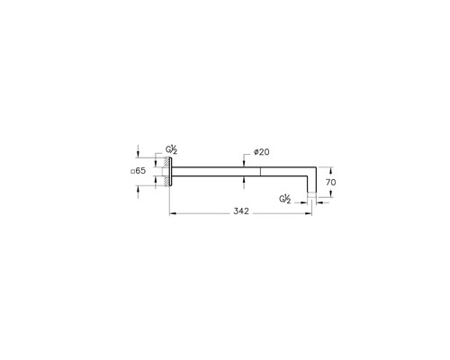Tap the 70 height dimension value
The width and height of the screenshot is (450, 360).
pyautogui.click(x=331, y=182)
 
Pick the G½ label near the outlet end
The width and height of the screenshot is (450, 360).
pyautogui.click(x=285, y=198)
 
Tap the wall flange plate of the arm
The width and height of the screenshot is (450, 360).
pyautogui.click(x=168, y=171)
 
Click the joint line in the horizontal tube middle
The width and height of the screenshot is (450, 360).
pyautogui.click(x=260, y=171)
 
